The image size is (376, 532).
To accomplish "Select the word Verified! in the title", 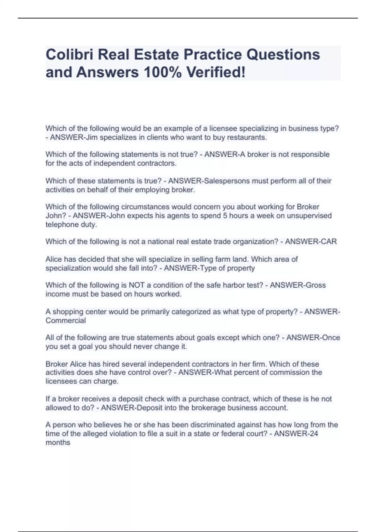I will [x=216, y=72].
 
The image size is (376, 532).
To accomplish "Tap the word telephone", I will [x=60, y=225].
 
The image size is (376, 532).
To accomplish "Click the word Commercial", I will [x=65, y=320].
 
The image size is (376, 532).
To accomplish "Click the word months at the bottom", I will [x=58, y=442].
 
